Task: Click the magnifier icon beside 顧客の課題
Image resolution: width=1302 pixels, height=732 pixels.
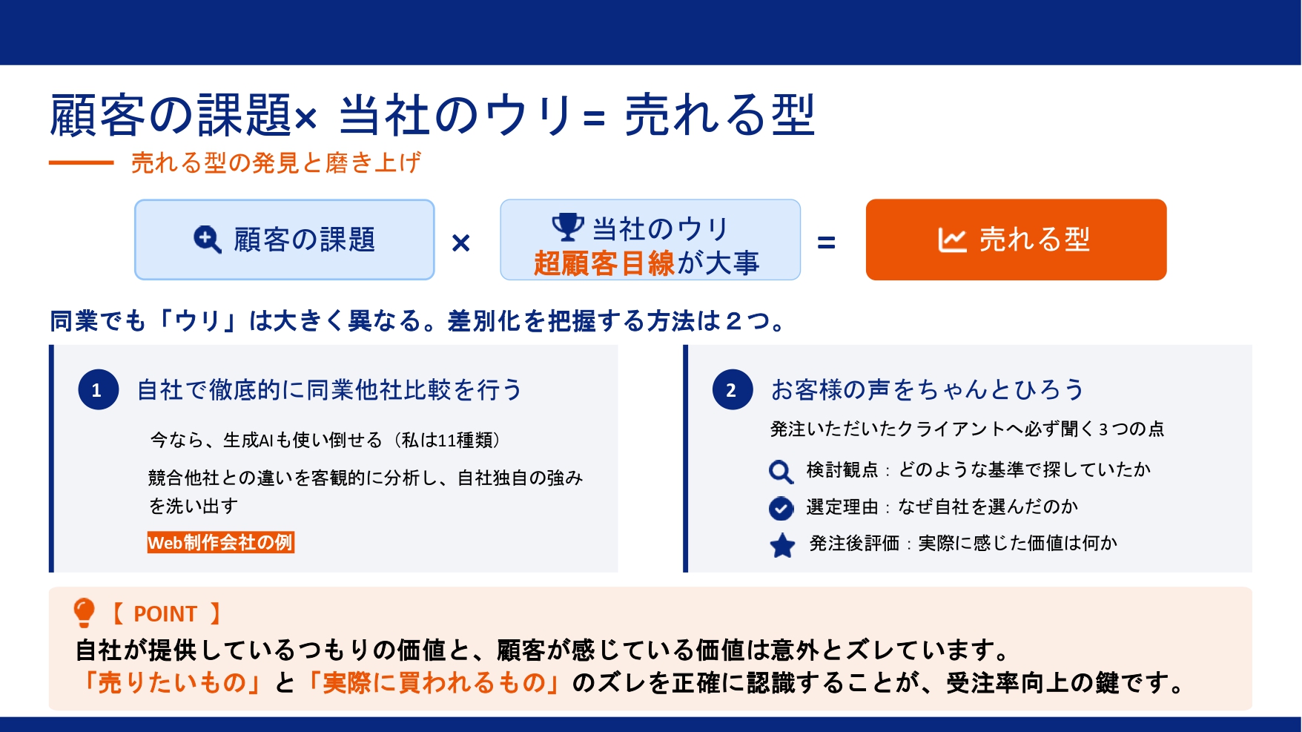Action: click(207, 240)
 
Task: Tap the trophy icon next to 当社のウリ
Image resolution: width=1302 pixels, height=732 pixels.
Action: click(568, 227)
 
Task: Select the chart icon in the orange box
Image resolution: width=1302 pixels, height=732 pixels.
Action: click(952, 240)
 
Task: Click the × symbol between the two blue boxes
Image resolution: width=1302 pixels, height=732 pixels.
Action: click(460, 243)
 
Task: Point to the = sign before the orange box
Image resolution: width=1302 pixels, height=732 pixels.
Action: click(826, 243)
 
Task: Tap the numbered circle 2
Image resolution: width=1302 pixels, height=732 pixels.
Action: click(733, 389)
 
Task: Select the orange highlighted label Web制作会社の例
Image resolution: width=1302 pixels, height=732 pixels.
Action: click(221, 542)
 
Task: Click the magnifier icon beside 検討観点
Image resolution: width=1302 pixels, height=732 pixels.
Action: click(781, 471)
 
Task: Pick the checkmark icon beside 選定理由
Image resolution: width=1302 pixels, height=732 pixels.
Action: click(781, 508)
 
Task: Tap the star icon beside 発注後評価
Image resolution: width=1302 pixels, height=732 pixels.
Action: click(782, 545)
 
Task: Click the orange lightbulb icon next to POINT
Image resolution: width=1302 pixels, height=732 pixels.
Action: click(85, 613)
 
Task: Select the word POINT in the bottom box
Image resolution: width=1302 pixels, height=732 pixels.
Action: click(165, 614)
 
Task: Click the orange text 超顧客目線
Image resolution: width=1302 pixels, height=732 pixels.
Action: click(604, 263)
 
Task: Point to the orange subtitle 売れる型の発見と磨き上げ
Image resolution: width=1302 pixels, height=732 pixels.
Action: click(276, 162)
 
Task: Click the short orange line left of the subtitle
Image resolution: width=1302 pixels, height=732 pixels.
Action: click(82, 162)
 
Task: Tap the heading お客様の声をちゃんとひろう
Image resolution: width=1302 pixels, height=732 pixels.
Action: click(928, 389)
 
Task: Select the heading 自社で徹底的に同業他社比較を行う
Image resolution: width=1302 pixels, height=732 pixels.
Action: click(330, 389)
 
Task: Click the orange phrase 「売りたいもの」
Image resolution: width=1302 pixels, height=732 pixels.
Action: click(172, 682)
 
